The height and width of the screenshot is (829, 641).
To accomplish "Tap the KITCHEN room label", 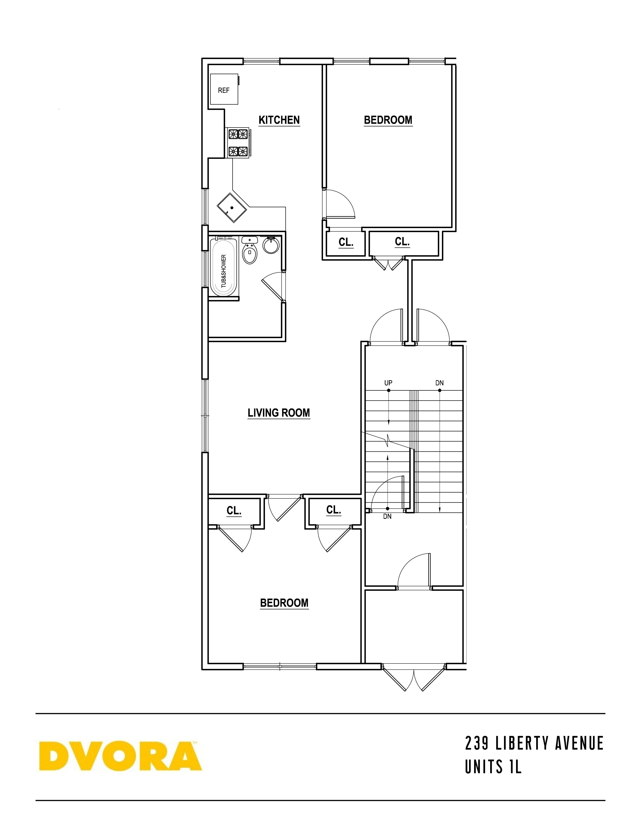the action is tap(279, 120).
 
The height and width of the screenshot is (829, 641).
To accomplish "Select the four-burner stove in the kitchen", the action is tap(238, 143).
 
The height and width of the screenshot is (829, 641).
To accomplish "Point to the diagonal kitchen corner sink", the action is tap(232, 208).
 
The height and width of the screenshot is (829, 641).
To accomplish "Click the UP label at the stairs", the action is tap(388, 383).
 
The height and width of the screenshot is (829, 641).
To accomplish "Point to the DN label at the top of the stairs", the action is tap(439, 383).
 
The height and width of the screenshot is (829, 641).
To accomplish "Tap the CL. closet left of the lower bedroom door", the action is tap(234, 511).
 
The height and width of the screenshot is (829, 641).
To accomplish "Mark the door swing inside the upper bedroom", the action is tap(340, 203).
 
